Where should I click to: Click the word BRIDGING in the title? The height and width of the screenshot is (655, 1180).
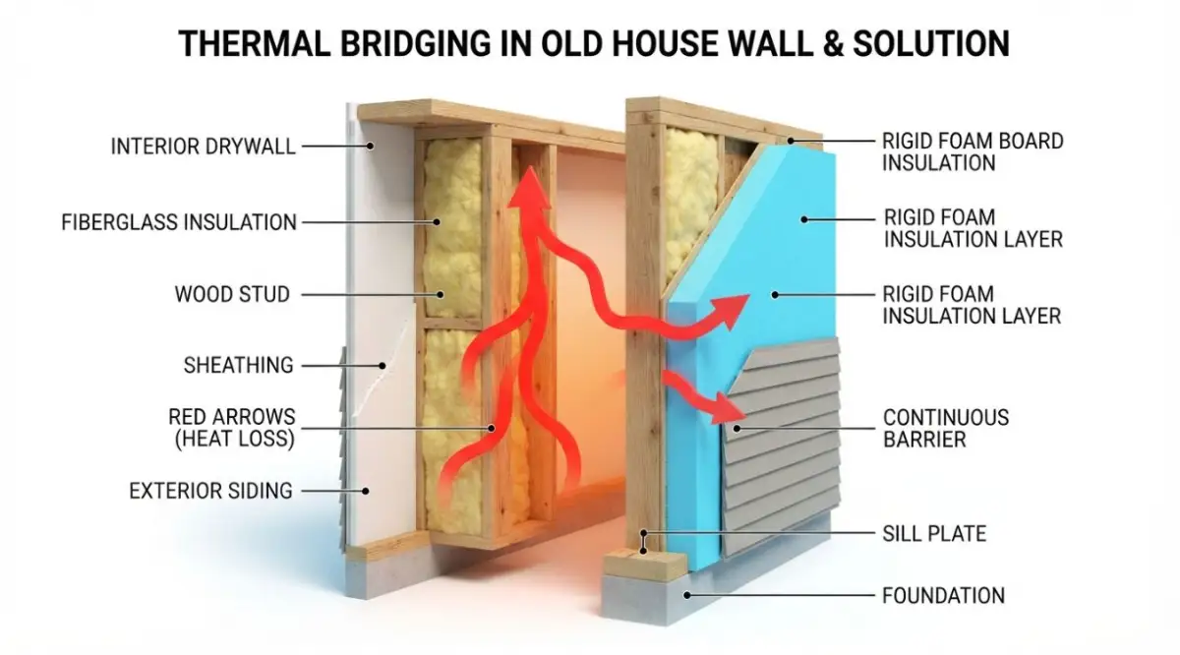click(416, 43)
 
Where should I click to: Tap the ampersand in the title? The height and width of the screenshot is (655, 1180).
click(832, 43)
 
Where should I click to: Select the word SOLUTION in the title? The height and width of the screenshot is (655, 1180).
click(931, 43)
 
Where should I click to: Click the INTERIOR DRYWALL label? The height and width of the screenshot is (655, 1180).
click(203, 146)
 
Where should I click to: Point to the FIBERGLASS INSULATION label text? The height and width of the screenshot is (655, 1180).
click(179, 222)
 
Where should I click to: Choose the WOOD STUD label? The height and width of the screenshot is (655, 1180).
click(232, 294)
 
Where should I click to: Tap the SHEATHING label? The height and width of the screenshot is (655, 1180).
click(239, 365)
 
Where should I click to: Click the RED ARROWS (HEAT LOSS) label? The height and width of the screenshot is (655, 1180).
click(232, 428)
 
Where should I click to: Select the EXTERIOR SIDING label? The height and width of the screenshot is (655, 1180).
click(210, 491)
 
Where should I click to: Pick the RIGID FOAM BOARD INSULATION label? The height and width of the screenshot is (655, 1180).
click(973, 151)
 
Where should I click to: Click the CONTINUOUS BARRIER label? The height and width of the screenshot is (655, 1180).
click(946, 428)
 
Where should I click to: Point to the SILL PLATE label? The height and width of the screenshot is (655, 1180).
click(934, 534)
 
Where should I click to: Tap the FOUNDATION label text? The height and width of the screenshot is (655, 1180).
click(943, 596)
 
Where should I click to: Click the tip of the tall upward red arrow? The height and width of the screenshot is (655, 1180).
click(531, 167)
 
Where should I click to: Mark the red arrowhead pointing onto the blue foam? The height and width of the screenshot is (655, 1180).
click(732, 311)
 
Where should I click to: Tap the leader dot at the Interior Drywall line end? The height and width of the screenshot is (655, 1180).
click(371, 146)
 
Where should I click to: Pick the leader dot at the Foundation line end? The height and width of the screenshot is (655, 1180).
click(687, 595)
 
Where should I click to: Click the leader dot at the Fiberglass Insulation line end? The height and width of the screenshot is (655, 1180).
click(437, 222)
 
